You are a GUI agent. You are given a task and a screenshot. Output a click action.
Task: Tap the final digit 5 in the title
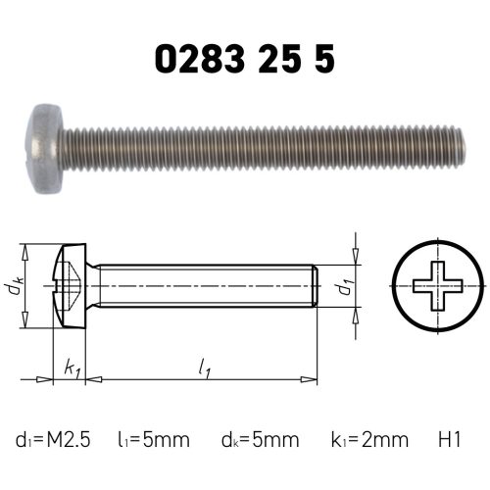[x=324, y=59]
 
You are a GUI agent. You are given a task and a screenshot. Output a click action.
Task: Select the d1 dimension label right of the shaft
[x=343, y=288]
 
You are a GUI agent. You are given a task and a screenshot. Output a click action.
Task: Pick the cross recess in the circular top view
[x=436, y=288]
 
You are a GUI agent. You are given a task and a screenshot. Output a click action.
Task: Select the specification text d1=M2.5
[x=53, y=440]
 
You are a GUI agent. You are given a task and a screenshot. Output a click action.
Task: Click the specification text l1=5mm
[x=156, y=440]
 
